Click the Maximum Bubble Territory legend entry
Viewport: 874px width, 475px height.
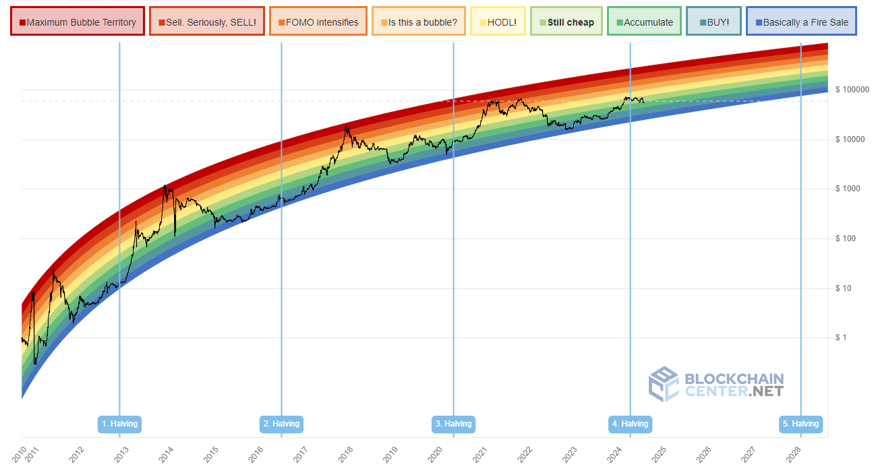[78, 22]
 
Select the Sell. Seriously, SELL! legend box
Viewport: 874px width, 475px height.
[207, 22]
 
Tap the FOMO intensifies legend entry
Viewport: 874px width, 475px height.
[318, 22]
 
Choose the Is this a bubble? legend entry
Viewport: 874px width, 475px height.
[418, 22]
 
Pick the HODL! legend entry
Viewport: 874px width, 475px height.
[498, 22]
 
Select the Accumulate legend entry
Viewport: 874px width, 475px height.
[643, 22]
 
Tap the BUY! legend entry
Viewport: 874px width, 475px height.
[713, 22]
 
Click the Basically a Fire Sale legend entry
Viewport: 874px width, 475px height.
[801, 22]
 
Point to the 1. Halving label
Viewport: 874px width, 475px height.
[119, 424]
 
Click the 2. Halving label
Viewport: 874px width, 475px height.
[281, 424]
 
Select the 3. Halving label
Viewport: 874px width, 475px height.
[453, 424]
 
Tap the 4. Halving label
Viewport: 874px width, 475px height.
[630, 424]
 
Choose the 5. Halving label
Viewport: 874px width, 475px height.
[800, 424]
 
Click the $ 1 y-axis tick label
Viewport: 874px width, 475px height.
[840, 338]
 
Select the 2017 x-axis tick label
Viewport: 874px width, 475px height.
[301, 455]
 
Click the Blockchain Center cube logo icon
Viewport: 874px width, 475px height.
[664, 384]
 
